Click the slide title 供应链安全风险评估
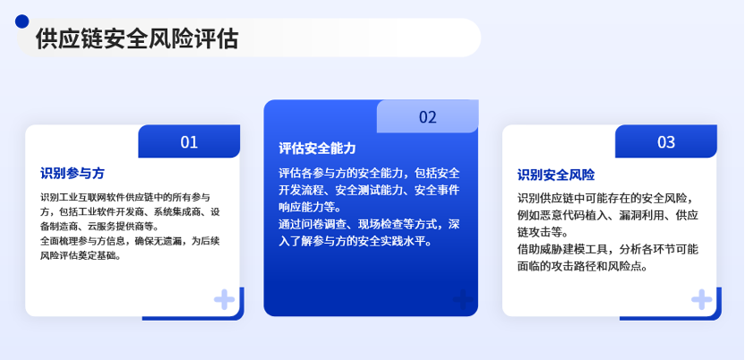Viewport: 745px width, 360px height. [137, 39]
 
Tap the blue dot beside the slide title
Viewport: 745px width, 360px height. [21, 21]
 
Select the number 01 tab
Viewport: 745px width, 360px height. [189, 141]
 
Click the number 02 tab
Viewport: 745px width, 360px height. [428, 116]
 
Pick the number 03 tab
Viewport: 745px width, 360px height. [666, 141]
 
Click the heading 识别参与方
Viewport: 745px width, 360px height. [73, 173]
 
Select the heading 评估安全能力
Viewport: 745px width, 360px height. [317, 148]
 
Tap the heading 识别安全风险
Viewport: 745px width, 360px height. [556, 175]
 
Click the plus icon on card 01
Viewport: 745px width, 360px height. [224, 300]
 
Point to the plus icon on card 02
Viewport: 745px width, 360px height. [463, 300]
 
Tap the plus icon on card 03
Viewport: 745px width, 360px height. [701, 300]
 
